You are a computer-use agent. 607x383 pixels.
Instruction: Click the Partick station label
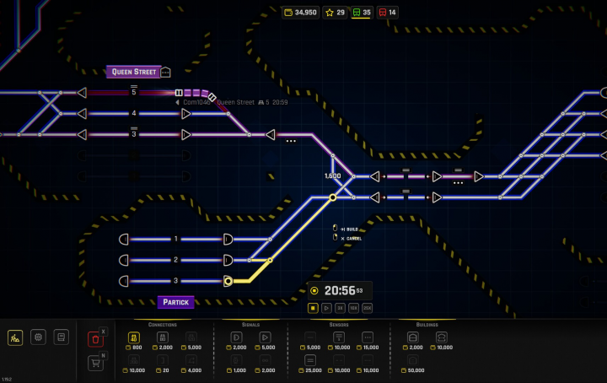[x=175, y=301]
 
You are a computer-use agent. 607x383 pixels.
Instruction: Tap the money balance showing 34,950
[x=301, y=13]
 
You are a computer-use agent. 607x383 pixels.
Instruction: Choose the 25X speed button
[x=367, y=309]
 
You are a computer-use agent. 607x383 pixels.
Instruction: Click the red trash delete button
[x=95, y=339]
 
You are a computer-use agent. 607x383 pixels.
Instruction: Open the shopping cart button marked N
[x=95, y=364]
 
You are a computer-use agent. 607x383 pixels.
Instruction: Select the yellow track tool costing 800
[x=135, y=337]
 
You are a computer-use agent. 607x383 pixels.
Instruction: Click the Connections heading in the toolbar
[x=162, y=324]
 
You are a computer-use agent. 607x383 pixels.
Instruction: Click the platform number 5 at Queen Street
[x=133, y=92]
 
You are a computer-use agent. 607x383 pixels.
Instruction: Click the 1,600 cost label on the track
[x=332, y=175]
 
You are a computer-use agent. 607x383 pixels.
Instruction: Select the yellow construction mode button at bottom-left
[x=15, y=337]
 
